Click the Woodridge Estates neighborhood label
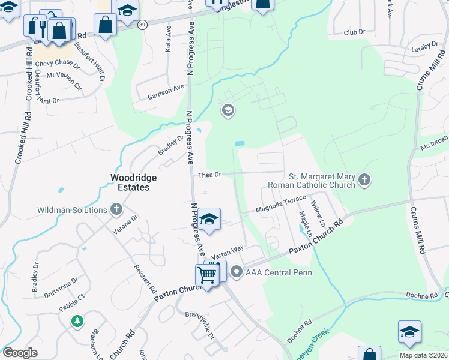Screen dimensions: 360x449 click(x=130, y=182)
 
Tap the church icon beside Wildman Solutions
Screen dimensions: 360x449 click(x=116, y=210)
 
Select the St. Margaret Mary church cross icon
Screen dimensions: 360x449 click(x=364, y=179)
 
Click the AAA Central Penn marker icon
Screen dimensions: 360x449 click(x=237, y=272)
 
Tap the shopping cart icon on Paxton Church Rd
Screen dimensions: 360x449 click(x=206, y=275)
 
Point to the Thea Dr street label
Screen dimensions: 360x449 click(x=210, y=175)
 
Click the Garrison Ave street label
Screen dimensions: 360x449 click(x=166, y=91)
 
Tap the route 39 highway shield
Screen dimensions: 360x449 click(x=142, y=25)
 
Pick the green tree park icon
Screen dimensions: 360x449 click(x=77, y=321)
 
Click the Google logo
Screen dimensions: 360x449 click(x=20, y=353)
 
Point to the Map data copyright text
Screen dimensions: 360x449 click(x=421, y=355)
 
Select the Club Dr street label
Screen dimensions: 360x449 click(x=355, y=34)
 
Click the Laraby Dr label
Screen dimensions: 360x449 click(x=426, y=46)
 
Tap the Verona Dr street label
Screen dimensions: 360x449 click(x=127, y=224)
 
